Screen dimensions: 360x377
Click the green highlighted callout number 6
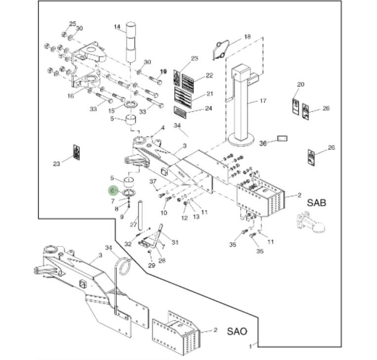point(113,190)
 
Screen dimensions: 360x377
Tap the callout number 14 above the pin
point(117,27)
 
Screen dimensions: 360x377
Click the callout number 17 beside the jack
point(263,101)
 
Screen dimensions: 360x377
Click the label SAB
point(317,202)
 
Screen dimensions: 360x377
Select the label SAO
point(237,331)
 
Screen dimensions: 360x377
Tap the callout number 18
point(248,37)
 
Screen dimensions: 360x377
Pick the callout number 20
point(300,85)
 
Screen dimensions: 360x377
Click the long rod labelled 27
point(140,213)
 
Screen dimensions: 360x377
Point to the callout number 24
point(209,108)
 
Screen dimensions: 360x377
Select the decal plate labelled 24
point(182,110)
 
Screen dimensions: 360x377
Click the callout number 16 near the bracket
point(71,95)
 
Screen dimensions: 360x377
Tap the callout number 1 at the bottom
point(251,344)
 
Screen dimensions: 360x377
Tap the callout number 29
point(152,266)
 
